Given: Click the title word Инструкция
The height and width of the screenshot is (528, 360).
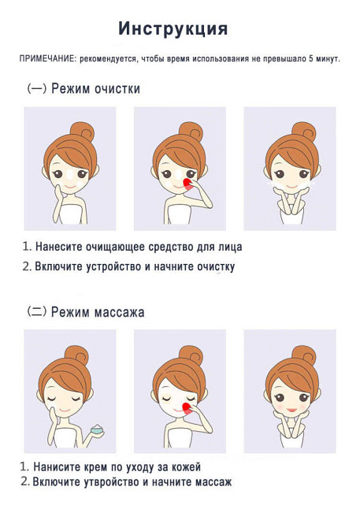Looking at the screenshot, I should [x=173, y=29].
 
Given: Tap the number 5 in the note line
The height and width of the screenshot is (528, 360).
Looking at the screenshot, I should [x=311, y=60].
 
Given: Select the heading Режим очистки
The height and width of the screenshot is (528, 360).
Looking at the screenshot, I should [x=95, y=89].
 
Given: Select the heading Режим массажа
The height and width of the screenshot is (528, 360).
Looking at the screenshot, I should [x=98, y=312].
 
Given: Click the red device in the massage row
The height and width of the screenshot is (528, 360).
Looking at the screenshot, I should [x=185, y=407].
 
